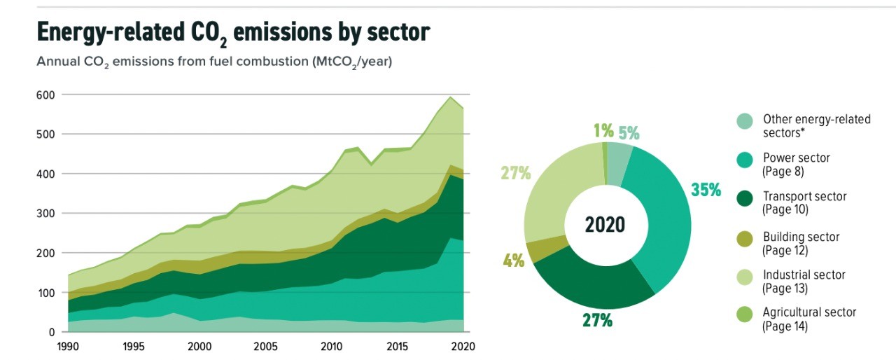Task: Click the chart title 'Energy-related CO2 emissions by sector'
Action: click(x=232, y=33)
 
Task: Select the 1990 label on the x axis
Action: click(x=68, y=346)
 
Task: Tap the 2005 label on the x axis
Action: click(x=264, y=346)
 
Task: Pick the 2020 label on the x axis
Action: click(x=462, y=346)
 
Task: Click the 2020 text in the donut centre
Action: click(x=605, y=226)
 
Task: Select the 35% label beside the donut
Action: click(x=705, y=190)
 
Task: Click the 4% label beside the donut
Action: click(x=513, y=261)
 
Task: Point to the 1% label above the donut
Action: click(x=603, y=130)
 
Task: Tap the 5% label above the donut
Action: click(x=628, y=133)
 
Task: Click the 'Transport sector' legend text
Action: click(x=804, y=197)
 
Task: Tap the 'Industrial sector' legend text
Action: click(x=804, y=275)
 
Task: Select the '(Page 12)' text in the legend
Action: click(x=785, y=250)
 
